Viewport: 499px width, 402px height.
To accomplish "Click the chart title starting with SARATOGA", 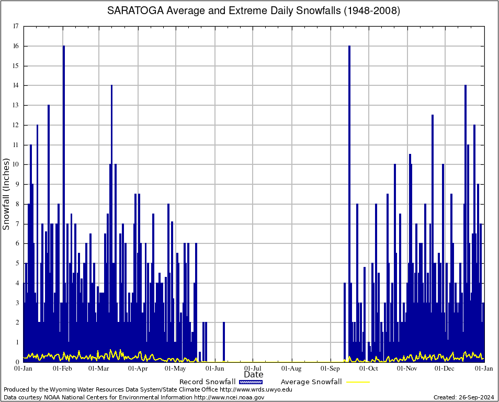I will tap(254, 11).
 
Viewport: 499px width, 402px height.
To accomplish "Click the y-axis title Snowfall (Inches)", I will tap(6, 194).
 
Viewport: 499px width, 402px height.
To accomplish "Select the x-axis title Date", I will tap(254, 375).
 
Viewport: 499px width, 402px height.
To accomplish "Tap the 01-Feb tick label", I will tap(62, 368).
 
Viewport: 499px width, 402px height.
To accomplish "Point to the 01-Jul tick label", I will tap(253, 368).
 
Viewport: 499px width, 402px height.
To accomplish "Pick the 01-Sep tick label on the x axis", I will tap(331, 368).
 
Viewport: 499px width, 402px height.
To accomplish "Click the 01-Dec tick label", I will tap(446, 368).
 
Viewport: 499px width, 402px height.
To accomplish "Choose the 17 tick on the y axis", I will tap(16, 26).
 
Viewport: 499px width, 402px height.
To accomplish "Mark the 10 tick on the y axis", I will tap(16, 164).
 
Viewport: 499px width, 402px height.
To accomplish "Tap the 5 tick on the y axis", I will tap(17, 263).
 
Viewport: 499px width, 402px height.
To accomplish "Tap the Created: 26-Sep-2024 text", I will tap(463, 397).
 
